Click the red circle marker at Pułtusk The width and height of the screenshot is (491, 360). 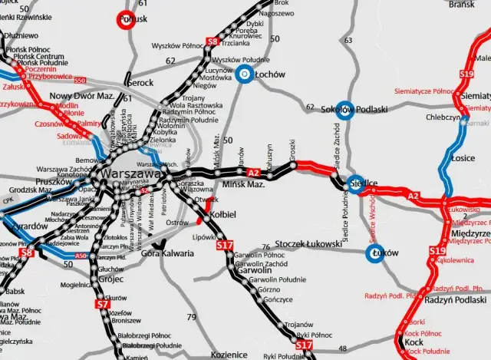point(127,20)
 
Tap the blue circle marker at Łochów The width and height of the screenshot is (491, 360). point(244,74)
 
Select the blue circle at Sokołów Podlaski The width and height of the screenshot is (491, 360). point(344,110)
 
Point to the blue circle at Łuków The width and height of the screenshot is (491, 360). point(374,255)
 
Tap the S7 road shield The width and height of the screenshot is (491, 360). point(103,304)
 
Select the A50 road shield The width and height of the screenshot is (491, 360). point(81,256)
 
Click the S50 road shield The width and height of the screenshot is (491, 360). point(80,80)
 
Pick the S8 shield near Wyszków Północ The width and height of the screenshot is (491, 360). point(213,41)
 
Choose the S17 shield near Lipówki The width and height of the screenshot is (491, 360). point(224,246)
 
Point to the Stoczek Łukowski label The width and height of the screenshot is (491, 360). point(307,244)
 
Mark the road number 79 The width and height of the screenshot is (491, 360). point(191,316)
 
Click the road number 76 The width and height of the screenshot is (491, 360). point(265,247)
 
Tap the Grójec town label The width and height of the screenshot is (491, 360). point(111,280)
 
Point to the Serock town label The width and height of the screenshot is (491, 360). point(139,82)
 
